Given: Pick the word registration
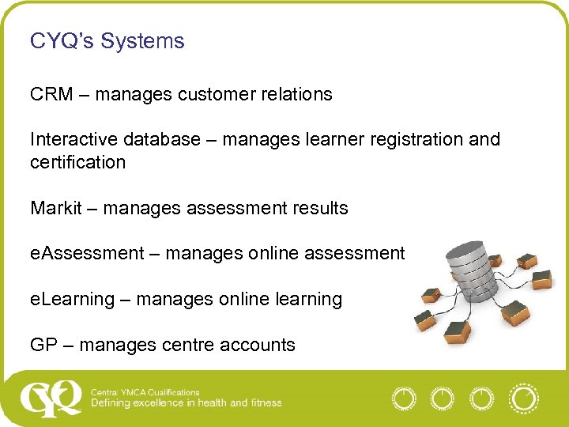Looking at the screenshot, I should click(408, 139).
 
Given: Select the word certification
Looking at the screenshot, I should click(77, 162).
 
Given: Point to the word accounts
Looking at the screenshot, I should click(261, 345).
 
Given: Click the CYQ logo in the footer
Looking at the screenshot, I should click(51, 398).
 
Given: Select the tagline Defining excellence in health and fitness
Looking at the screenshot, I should click(186, 402).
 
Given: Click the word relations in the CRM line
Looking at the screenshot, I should click(298, 94).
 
